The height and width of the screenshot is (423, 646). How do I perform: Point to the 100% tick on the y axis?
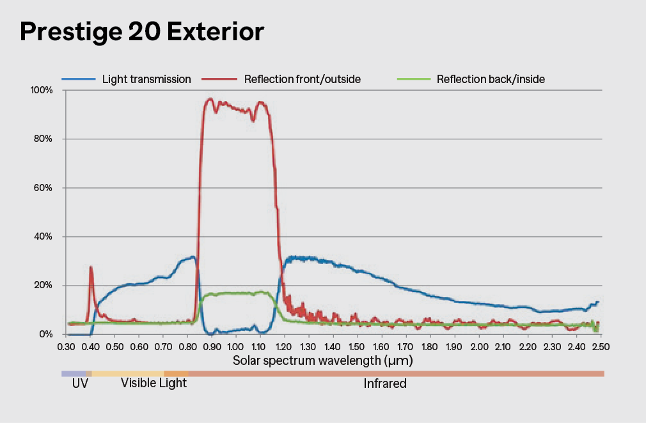tap(41, 90)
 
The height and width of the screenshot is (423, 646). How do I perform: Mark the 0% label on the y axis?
tap(45, 334)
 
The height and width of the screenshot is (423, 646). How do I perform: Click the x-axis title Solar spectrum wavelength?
tap(322, 360)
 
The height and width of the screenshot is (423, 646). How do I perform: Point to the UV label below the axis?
tap(80, 384)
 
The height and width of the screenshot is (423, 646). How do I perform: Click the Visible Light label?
tap(154, 383)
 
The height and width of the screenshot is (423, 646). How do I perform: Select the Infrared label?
tap(385, 384)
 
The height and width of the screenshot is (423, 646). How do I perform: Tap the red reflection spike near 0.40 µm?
tap(91, 268)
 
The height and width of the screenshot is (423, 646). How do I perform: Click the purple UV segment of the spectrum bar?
tap(73, 373)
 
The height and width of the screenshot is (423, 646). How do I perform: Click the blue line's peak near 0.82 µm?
tap(192, 258)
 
